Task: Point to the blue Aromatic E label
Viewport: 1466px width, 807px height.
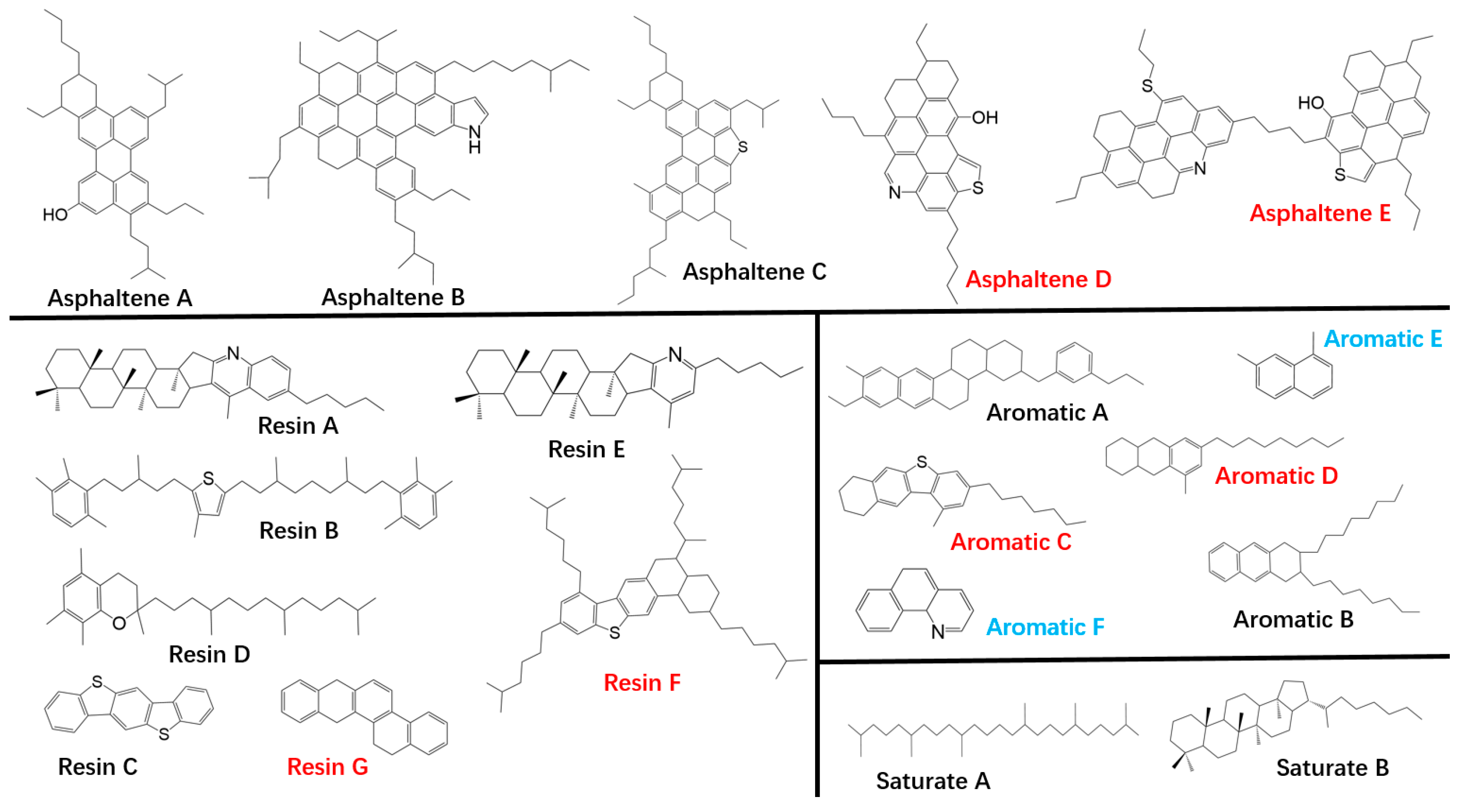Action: [x=1382, y=339]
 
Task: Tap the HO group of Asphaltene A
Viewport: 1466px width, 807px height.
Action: [x=55, y=215]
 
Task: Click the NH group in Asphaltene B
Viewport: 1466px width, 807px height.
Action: [x=474, y=139]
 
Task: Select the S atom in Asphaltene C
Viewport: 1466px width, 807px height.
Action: [x=742, y=147]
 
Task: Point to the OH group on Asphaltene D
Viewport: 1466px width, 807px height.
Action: [x=984, y=118]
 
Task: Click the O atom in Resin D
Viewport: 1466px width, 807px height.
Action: [x=119, y=623]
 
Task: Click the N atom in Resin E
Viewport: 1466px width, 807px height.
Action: [x=675, y=354]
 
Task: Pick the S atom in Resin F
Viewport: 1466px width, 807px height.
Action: [x=614, y=632]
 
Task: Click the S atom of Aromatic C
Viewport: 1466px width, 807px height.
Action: [x=922, y=462]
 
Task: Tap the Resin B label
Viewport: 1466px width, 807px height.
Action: [x=299, y=530]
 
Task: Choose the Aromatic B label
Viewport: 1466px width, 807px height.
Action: [x=1293, y=619]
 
